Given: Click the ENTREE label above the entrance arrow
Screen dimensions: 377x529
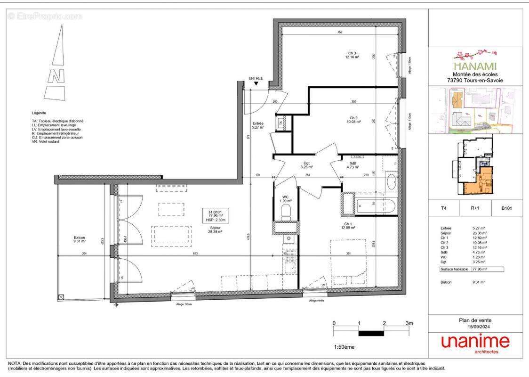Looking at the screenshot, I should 256,78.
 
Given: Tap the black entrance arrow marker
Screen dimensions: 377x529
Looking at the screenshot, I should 256,84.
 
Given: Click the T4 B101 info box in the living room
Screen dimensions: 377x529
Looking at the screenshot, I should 216,216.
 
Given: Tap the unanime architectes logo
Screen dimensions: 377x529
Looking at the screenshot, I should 475,343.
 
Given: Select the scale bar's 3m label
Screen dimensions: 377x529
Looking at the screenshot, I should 409,323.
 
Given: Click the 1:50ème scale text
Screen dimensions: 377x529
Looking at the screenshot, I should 344,347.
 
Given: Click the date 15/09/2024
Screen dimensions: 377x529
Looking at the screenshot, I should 475,326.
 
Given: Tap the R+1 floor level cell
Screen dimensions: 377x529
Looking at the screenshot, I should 475,206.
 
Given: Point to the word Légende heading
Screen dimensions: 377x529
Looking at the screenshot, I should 39,113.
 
